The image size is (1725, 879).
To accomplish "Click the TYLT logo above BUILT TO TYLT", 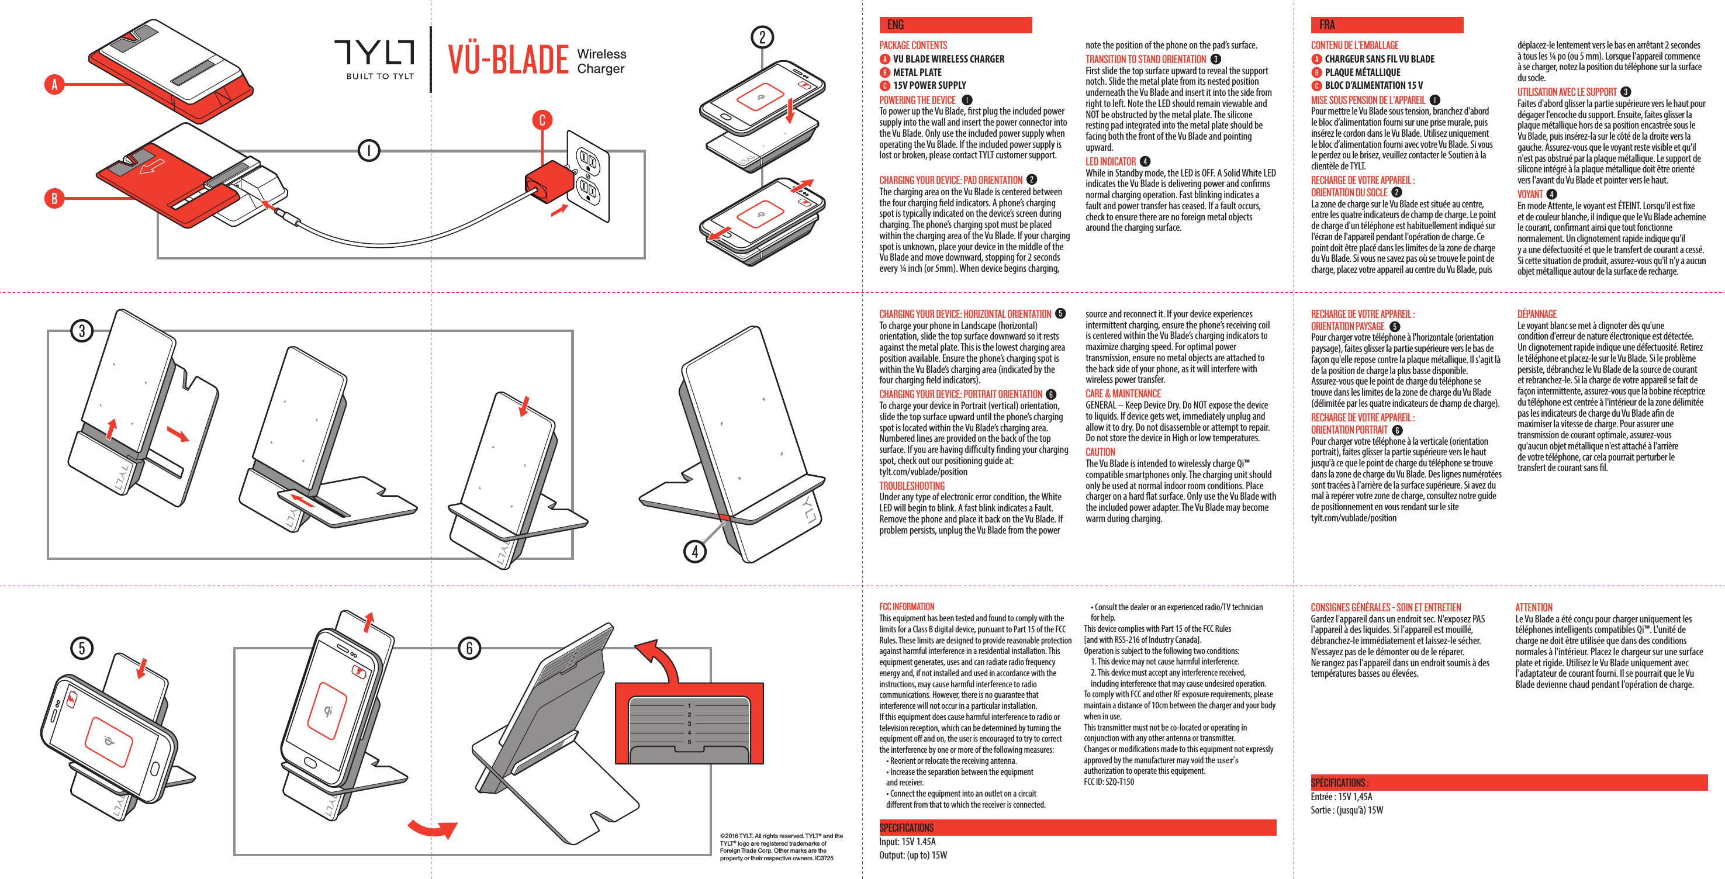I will coord(374,51).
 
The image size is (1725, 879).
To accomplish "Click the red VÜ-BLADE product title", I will coord(508,60).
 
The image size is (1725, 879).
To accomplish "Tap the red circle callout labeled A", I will coord(54,84).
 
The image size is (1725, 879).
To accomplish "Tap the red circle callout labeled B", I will coord(54,198).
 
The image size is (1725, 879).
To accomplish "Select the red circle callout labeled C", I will coord(542,120).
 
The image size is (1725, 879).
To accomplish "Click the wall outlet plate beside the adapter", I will coord(589,175).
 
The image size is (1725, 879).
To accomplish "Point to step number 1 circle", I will coord(368,150).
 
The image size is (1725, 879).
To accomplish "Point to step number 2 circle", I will coord(762,37).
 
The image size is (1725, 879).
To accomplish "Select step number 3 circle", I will coord(82,331).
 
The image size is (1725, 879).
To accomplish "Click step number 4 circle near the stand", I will coord(695,552).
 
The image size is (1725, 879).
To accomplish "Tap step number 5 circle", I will coord(82,648).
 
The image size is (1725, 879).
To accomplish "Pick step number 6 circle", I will coord(469,648).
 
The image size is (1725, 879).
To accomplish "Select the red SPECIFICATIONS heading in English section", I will coord(906,828).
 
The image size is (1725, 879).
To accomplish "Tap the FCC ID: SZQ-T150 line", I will coord(1108,782).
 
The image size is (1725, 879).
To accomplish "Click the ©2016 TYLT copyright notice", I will coord(781,847).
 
